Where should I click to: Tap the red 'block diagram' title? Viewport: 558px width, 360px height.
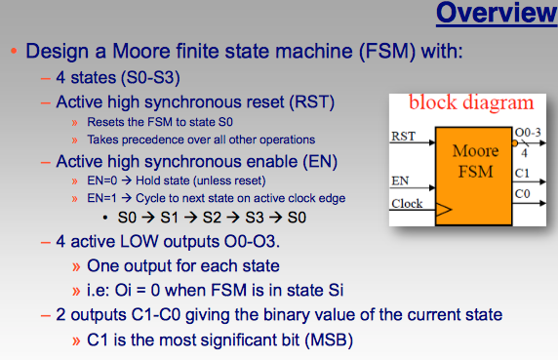click(470, 102)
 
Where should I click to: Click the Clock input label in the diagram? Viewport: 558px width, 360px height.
click(407, 204)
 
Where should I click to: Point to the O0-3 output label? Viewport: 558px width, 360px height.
click(527, 131)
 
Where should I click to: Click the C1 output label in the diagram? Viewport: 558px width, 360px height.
click(522, 174)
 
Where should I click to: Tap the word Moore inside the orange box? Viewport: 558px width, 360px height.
click(476, 152)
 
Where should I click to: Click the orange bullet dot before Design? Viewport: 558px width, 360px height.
click(13, 50)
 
